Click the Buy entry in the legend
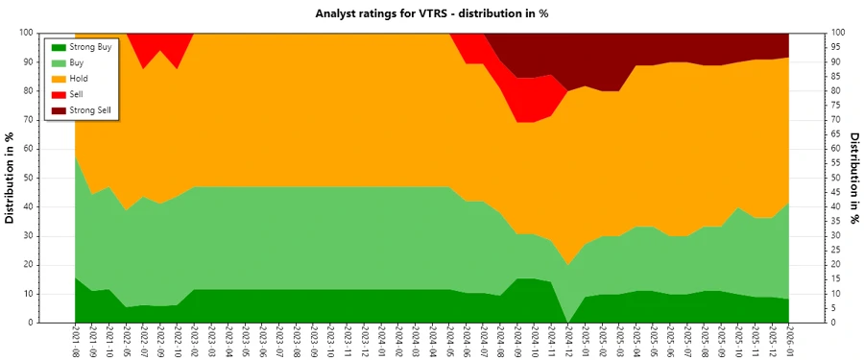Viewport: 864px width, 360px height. point(79,62)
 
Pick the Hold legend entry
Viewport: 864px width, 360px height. point(80,79)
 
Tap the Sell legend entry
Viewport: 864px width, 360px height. point(78,95)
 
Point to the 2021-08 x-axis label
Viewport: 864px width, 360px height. point(75,342)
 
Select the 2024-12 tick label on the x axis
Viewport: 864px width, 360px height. point(569,342)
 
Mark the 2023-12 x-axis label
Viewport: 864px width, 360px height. point(366,342)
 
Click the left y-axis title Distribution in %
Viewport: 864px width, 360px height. point(11,178)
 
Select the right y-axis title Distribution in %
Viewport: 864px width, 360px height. point(853,178)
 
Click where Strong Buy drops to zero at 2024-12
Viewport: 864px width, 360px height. point(569,322)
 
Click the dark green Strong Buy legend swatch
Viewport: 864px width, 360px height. point(57,46)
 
